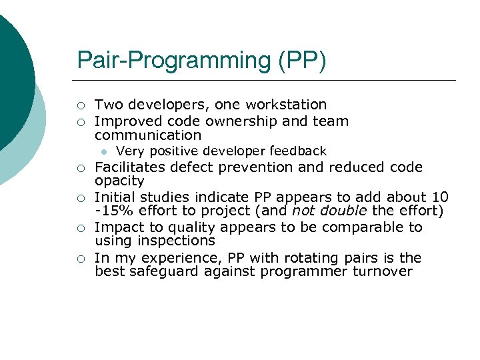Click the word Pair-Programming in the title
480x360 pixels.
pos(171,61)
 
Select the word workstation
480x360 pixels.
pos(286,105)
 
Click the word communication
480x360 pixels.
pos(148,135)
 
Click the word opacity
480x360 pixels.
pos(119,181)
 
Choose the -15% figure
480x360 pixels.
pos(112,211)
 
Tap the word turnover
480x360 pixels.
pos(383,271)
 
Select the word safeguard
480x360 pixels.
pos(159,271)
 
